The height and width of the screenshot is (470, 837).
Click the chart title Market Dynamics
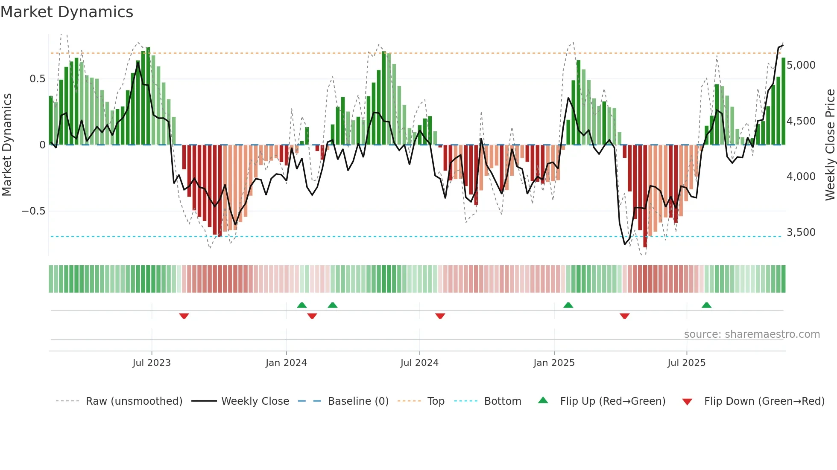coord(67,12)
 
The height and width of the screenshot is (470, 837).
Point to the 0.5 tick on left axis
coord(37,79)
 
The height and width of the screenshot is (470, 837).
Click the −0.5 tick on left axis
coord(33,211)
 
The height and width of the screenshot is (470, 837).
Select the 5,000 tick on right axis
coord(801,65)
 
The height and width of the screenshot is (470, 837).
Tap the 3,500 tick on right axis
coord(801,232)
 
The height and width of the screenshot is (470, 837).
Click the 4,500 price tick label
coord(801,121)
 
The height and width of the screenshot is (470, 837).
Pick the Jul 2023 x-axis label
coord(152,363)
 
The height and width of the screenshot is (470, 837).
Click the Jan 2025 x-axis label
coord(554,363)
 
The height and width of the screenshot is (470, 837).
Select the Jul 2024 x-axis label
coord(419,363)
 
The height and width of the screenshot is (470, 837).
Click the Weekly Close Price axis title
coord(830,145)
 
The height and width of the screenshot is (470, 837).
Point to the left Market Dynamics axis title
coord(7,145)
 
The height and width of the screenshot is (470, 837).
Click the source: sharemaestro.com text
coord(752,334)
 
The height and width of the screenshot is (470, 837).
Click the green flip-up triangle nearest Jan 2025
coord(568,305)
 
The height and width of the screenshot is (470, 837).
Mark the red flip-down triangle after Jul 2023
coord(184,316)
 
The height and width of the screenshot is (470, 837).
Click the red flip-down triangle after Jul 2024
coord(440,316)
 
